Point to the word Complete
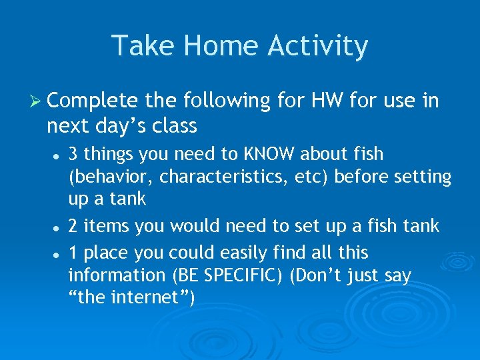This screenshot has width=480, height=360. point(93,101)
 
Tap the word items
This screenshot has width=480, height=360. point(109,227)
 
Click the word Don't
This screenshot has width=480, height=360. point(318,275)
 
